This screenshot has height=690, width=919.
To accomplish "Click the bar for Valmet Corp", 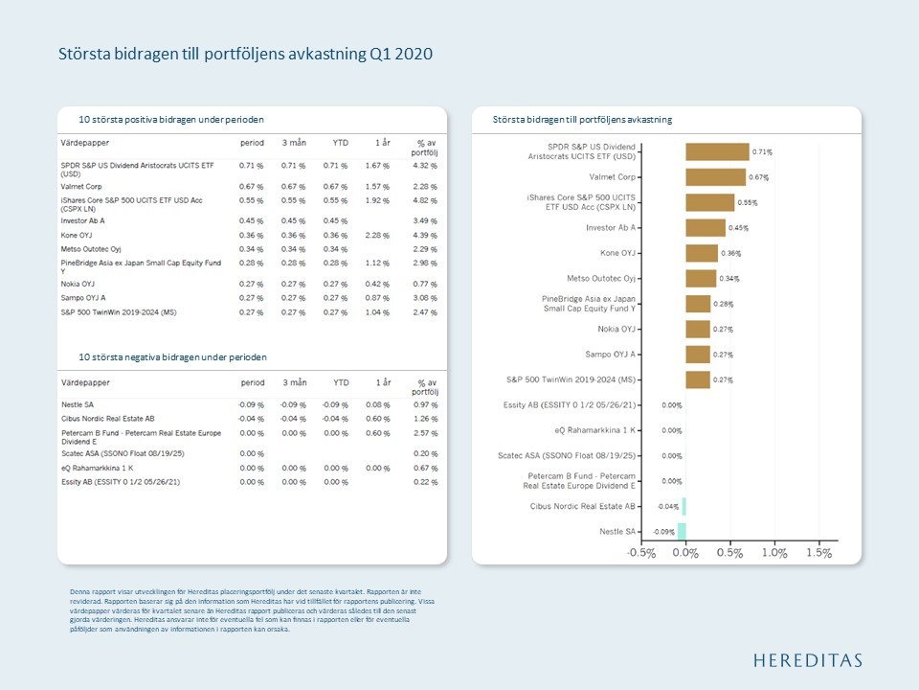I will click(715, 177).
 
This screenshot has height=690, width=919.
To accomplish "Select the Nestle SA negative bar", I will click(682, 531).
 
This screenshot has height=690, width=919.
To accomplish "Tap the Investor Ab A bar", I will click(705, 228).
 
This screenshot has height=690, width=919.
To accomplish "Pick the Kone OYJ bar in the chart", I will click(701, 253).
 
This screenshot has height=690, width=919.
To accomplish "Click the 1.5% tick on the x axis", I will click(819, 553).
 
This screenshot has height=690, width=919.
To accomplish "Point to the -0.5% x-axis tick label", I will click(641, 553).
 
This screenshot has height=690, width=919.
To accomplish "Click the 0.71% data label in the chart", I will click(762, 151).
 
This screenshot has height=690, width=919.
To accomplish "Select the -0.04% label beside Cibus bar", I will click(667, 506).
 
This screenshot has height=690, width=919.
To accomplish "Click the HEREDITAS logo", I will click(807, 660).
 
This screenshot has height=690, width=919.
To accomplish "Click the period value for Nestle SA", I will click(252, 404).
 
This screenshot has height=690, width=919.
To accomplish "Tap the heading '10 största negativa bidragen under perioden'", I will click(173, 357).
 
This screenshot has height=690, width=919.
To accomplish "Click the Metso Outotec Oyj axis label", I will click(602, 278).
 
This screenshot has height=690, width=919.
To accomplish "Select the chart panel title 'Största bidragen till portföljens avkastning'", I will click(582, 120).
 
